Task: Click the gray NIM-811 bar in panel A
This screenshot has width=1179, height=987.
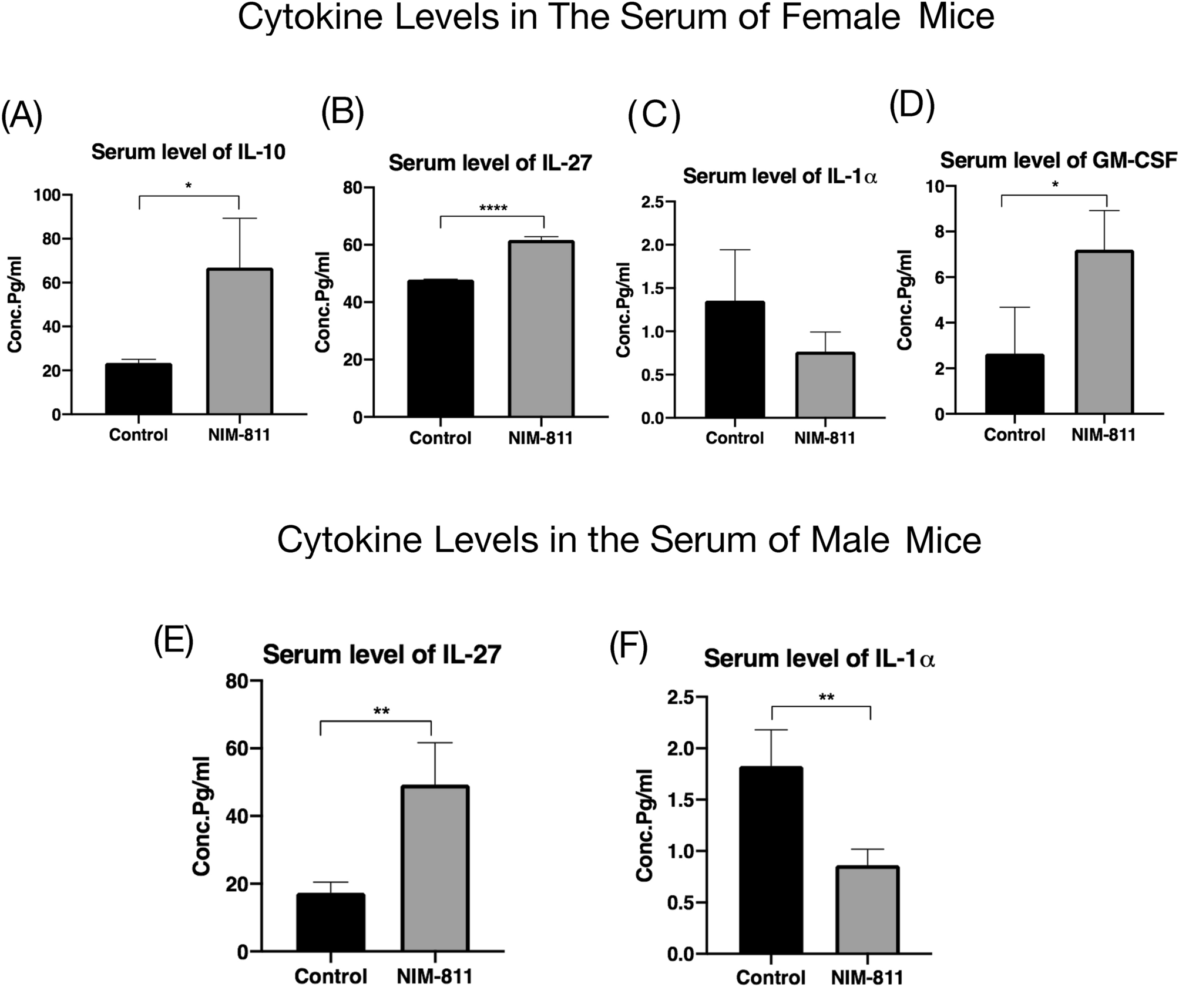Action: pyautogui.click(x=239, y=342)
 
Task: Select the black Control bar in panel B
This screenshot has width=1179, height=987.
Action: pyautogui.click(x=440, y=349)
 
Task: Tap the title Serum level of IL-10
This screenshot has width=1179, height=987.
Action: pyautogui.click(x=188, y=153)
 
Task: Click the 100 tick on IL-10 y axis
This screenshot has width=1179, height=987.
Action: pyautogui.click(x=50, y=195)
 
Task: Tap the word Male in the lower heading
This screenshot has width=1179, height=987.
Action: pyautogui.click(x=849, y=540)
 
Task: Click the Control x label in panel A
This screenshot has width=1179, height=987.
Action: pyautogui.click(x=139, y=435)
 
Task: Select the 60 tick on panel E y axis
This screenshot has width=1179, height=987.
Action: pyautogui.click(x=237, y=748)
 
